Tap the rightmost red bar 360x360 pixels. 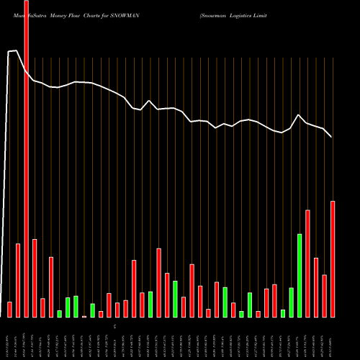(333, 258)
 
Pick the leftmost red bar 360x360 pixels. (10, 309)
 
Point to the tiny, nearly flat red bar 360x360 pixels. (84, 316)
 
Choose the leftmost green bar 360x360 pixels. (60, 313)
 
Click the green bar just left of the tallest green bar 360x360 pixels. (292, 302)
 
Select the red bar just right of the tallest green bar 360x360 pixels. (308, 263)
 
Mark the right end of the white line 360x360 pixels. (331, 137)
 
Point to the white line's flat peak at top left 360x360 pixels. (12, 51)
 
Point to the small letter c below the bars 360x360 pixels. (124, 326)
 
